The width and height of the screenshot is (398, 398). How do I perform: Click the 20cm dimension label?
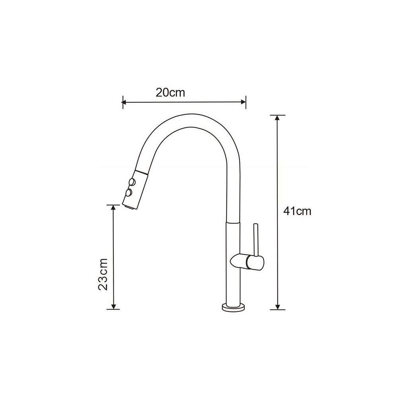(x=170, y=93)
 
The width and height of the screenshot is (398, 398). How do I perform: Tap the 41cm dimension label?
(x=297, y=211)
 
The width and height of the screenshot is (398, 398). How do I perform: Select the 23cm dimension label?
(x=103, y=274)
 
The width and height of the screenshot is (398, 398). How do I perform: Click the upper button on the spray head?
(x=132, y=182)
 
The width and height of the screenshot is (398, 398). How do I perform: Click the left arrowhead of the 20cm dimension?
(x=124, y=102)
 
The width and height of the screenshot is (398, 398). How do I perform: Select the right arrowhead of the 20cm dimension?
(x=244, y=102)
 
